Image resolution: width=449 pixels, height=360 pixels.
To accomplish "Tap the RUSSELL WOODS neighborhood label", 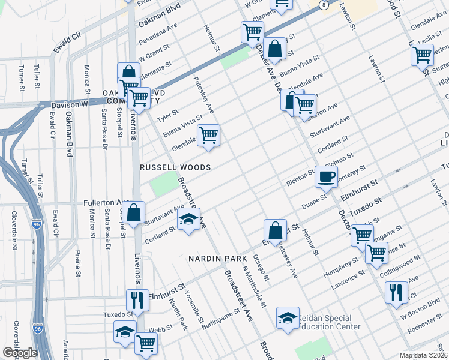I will pyautogui.click(x=175, y=168).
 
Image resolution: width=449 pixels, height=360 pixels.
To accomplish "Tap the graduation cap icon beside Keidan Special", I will pyautogui.click(x=288, y=317).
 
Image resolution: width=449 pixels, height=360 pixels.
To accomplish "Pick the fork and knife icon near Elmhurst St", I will pyautogui.click(x=137, y=299).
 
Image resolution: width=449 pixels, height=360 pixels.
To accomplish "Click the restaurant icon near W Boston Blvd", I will pyautogui.click(x=396, y=293).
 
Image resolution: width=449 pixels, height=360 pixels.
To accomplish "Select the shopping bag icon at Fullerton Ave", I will pyautogui.click(x=135, y=212).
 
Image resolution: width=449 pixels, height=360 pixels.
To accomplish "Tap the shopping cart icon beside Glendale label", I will pyautogui.click(x=208, y=135).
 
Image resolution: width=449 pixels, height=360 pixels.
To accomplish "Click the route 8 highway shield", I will pyautogui.click(x=324, y=5).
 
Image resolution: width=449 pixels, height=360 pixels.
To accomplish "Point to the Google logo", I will pyautogui.click(x=20, y=353).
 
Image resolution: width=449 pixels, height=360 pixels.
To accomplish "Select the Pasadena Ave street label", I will pyautogui.click(x=158, y=37).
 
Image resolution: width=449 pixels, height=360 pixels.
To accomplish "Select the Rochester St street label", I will pyautogui.click(x=424, y=327).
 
